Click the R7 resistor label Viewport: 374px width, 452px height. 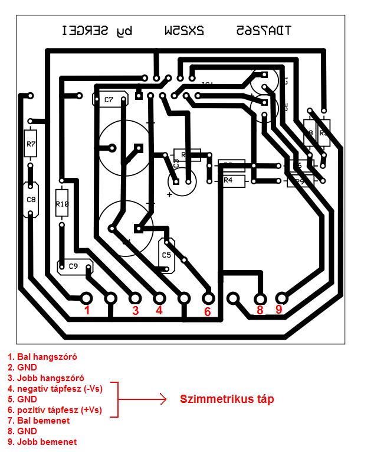click(31, 144)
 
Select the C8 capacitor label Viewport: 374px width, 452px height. click(31, 200)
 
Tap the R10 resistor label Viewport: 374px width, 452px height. click(62, 204)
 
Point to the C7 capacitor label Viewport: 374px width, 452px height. click(109, 100)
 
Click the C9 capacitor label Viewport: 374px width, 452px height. click(73, 266)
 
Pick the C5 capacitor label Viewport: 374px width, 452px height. click(166, 255)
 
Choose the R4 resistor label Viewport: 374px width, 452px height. click(229, 180)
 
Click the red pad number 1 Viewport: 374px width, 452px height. click(87, 310)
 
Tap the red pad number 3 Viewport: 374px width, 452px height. click(135, 310)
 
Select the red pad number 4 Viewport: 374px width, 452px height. click(159, 310)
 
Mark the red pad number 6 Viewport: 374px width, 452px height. click(208, 311)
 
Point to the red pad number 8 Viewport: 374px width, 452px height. click(260, 309)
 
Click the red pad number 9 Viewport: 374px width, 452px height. click(278, 309)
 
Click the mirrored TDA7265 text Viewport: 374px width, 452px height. click(263, 30)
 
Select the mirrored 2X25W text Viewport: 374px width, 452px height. click(185, 30)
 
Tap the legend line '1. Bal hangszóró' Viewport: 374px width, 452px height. click(42, 357)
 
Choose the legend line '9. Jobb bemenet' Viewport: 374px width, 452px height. click(42, 442)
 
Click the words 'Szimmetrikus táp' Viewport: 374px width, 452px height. click(227, 399)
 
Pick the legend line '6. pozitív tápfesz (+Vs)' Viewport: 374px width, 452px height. click(55, 410)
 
